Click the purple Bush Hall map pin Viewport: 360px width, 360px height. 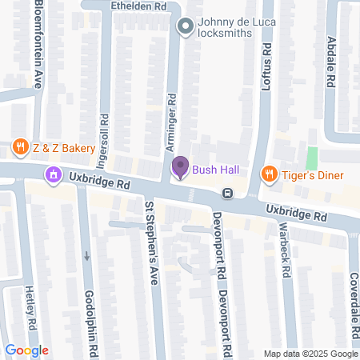click(180, 168)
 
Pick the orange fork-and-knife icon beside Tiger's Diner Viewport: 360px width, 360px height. click(270, 174)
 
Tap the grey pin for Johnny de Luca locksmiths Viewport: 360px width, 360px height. click(186, 28)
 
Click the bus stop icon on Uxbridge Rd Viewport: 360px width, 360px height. click(228, 193)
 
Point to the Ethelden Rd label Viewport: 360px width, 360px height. click(138, 6)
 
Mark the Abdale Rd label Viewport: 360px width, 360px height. click(330, 63)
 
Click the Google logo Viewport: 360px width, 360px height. click(26, 350)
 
